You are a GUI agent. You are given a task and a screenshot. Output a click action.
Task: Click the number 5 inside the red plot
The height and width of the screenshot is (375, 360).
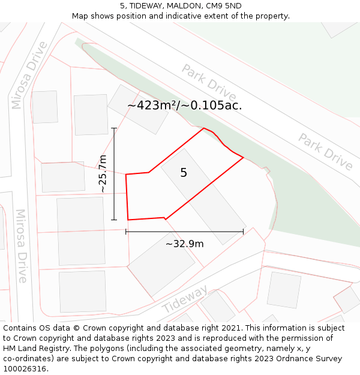coord(184,173)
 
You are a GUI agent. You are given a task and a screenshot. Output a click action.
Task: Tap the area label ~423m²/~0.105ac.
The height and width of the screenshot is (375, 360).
coord(185,106)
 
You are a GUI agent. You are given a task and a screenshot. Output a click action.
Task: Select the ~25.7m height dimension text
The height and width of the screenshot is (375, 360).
coord(103,174)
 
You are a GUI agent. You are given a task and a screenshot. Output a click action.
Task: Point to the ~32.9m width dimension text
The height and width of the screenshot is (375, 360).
coord(184,244)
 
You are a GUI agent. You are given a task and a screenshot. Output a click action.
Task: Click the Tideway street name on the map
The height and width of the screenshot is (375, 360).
coord(185,298)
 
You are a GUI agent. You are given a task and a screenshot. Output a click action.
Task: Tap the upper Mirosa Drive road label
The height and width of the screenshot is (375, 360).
coord(29,75)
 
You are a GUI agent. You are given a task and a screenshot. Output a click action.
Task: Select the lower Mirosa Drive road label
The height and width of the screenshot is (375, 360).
coord(22,246)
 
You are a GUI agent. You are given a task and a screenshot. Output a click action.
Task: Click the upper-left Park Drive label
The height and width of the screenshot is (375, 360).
coord(209,83)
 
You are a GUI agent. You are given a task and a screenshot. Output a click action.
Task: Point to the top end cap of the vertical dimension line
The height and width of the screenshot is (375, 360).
coord(114,128)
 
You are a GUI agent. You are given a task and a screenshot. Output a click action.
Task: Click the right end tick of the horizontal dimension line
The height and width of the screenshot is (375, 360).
coord(243,231)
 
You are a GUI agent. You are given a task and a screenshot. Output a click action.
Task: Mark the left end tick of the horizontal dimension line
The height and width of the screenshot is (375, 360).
coord(126,231)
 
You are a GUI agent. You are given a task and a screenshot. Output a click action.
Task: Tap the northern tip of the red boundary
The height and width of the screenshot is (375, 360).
coord(204,128)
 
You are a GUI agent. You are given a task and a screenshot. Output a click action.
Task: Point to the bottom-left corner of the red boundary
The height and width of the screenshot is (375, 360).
coord(128,220)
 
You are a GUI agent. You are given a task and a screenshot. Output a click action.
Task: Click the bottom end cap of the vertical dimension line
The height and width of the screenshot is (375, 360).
coord(114,220)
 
